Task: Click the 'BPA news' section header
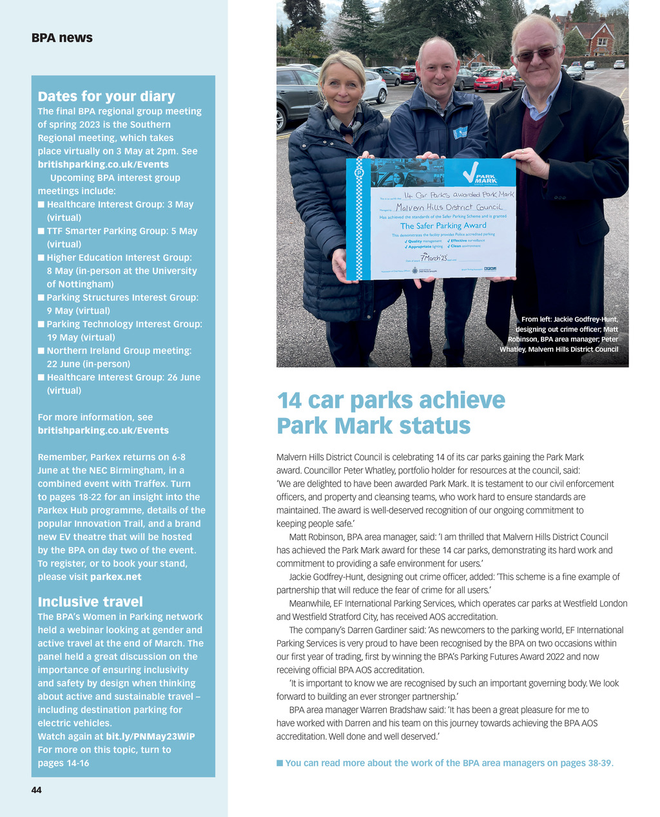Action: point(62,38)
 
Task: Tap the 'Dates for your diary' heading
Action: point(106,97)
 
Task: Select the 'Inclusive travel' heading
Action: point(90,602)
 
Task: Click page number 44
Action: point(37,789)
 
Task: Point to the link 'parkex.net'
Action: point(115,577)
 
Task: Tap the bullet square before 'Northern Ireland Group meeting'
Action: point(41,351)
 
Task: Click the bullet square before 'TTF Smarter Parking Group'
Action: point(41,231)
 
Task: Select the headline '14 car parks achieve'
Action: point(391,400)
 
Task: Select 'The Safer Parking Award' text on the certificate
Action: point(443,226)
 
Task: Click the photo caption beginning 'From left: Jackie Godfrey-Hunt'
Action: point(559,334)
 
